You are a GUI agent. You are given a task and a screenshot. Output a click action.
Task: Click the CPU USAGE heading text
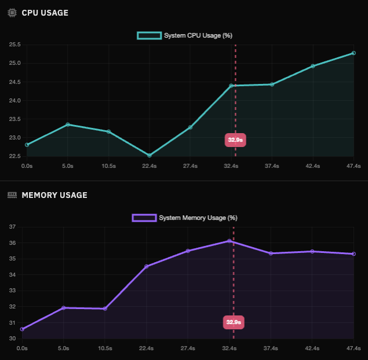(x=45, y=13)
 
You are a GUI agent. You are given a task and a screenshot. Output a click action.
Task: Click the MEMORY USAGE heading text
(x=54, y=195)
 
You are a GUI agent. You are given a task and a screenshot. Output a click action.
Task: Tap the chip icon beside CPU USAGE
(x=12, y=13)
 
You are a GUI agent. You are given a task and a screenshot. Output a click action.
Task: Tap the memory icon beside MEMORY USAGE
(x=12, y=195)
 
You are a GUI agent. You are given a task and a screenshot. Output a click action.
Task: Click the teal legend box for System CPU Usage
(x=149, y=35)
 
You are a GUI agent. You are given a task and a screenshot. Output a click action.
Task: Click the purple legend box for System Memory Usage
(x=144, y=218)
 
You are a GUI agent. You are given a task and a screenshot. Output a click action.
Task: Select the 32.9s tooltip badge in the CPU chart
(x=235, y=139)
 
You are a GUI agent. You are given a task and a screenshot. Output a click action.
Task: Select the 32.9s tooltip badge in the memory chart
(x=234, y=322)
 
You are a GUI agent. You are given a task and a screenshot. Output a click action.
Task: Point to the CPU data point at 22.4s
(x=150, y=155)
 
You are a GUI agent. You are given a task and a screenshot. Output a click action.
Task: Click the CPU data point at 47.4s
(x=354, y=53)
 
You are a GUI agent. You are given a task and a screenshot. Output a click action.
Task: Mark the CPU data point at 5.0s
(x=68, y=124)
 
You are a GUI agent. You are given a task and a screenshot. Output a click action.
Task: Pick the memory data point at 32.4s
(x=229, y=240)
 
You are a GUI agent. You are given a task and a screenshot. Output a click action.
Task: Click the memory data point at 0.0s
(x=22, y=329)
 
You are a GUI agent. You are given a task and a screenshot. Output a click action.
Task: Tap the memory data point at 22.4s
(x=147, y=266)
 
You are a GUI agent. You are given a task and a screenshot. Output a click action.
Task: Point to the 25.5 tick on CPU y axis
(x=14, y=45)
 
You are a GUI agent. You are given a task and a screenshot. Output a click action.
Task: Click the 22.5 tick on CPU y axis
(x=14, y=156)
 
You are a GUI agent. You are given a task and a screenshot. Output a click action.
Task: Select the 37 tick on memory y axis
(x=12, y=227)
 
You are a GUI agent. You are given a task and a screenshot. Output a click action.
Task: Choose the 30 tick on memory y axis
(x=12, y=339)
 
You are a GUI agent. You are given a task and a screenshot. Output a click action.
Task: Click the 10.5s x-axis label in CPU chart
(x=108, y=166)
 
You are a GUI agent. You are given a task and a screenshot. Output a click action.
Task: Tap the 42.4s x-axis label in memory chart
(x=312, y=348)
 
